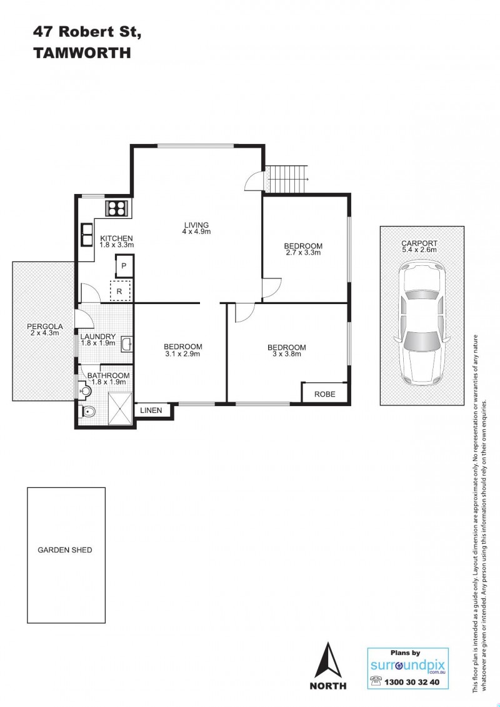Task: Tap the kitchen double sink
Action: tap(86, 235)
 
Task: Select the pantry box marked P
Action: tap(124, 266)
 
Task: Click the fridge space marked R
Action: tap(120, 291)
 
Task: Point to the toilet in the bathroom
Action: tap(87, 411)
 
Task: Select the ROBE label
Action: tap(325, 394)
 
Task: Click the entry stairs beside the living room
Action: tap(286, 179)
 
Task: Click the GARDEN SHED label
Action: tap(65, 550)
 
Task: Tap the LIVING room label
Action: tap(196, 225)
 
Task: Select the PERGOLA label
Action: tap(44, 327)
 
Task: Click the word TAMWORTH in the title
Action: tap(82, 53)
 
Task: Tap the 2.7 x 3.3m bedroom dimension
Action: tap(303, 253)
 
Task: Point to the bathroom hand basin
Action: tap(84, 390)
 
